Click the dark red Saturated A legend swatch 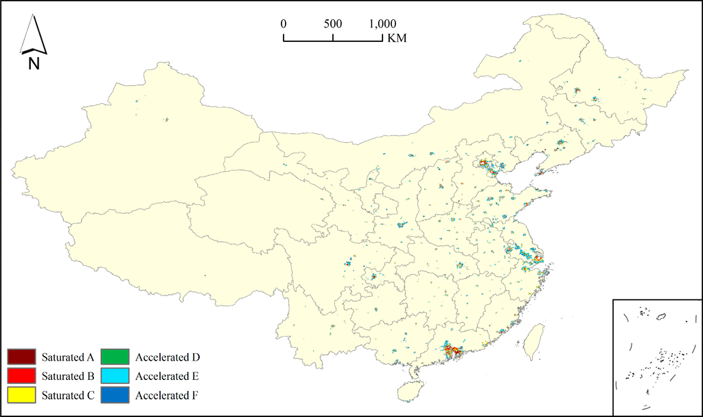(21, 357)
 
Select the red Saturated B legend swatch (21, 376)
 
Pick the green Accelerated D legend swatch (115, 357)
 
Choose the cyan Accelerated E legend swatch (115, 376)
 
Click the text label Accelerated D (168, 357)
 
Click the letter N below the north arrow (34, 64)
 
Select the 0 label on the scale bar (284, 23)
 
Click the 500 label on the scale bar (333, 23)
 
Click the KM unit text (397, 39)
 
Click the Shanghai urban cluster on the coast (538, 259)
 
